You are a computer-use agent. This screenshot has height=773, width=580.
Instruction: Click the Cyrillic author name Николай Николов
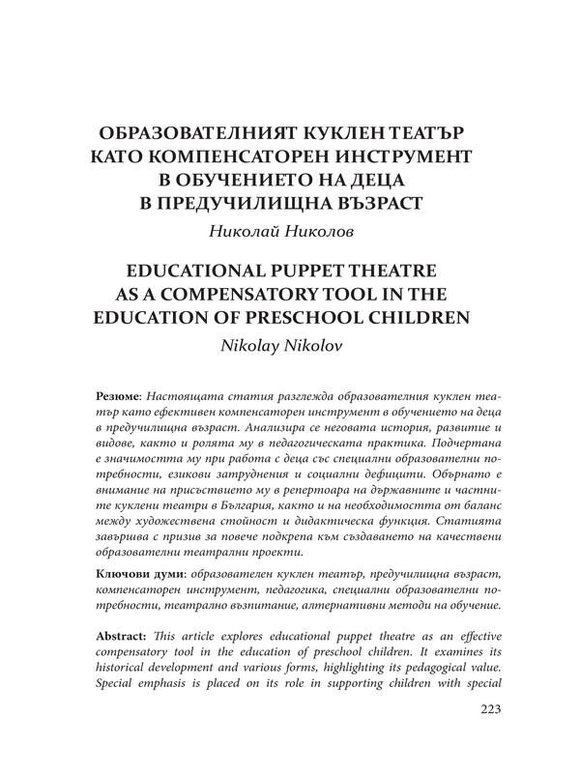(x=290, y=230)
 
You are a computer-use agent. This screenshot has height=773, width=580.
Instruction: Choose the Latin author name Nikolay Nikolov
(x=290, y=344)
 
